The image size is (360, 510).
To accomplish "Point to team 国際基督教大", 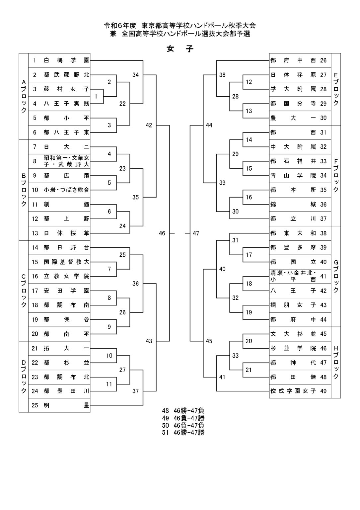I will coord(66,262).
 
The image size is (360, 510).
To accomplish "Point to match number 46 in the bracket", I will coord(162,233).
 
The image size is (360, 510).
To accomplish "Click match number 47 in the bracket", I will coord(196,233).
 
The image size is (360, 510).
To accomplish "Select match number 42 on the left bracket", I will coord(149,125).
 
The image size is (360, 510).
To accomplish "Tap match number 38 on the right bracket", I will coord(222,75).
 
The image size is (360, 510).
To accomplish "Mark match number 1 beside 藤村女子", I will coord(96,97).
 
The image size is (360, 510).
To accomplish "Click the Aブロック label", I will coord(24,96).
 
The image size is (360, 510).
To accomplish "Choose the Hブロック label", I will coord(336,362).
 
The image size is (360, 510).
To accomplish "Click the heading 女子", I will coord(180,49).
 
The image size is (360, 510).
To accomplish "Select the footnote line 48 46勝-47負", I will coord(183,411).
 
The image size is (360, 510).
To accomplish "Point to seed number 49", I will coord(324,391).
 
